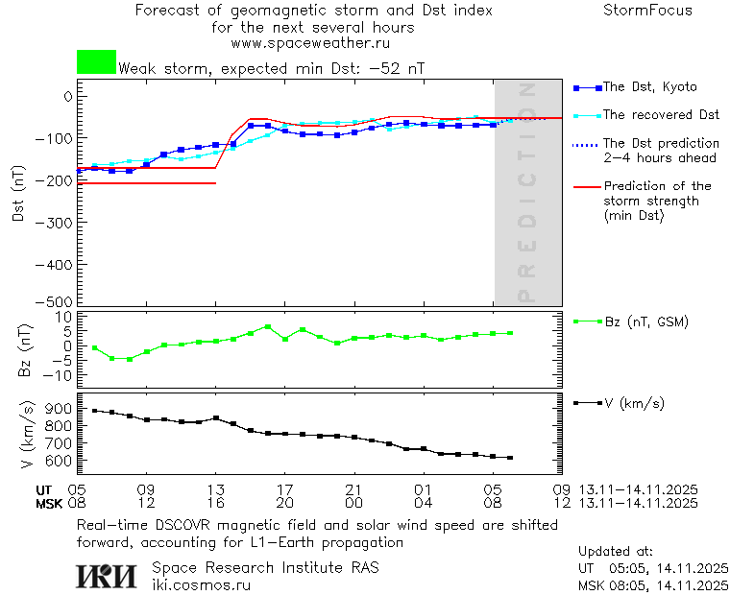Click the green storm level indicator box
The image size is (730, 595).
pyautogui.click(x=96, y=62)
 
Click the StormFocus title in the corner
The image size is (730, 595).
pyautogui.click(x=647, y=11)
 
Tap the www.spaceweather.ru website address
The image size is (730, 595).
pyautogui.click(x=310, y=43)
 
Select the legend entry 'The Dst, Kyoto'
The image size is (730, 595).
pyautogui.click(x=649, y=87)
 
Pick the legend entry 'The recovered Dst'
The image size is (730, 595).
pyautogui.click(x=661, y=115)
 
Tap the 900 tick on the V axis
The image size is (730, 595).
pyautogui.click(x=59, y=410)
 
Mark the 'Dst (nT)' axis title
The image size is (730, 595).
pyautogui.click(x=18, y=194)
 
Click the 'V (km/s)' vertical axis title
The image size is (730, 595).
pyautogui.click(x=26, y=437)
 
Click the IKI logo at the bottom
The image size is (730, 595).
pyautogui.click(x=107, y=576)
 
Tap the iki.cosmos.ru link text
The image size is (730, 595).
pyautogui.click(x=202, y=584)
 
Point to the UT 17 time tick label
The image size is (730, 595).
pyautogui.click(x=284, y=488)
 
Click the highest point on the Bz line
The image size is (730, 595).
pyautogui.click(x=268, y=326)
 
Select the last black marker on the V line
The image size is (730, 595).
pyautogui.click(x=510, y=458)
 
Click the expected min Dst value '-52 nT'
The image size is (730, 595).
pyautogui.click(x=396, y=68)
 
